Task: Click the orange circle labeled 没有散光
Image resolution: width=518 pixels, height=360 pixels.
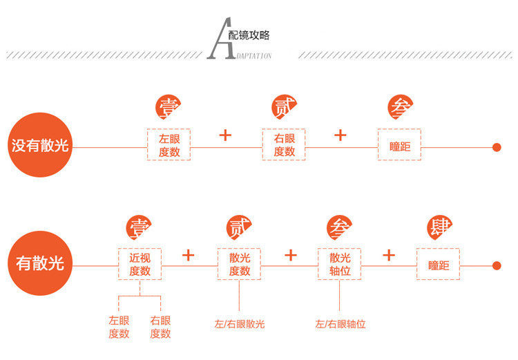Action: click(41, 146)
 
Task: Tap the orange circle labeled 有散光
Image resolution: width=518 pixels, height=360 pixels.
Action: click(40, 264)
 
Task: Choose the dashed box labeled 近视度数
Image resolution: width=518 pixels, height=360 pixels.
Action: click(140, 264)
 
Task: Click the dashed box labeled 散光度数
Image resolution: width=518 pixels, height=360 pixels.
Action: click(239, 264)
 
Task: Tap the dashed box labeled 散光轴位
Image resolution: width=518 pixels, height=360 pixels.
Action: click(340, 264)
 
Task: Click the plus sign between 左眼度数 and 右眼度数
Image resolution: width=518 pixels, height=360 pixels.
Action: click(225, 135)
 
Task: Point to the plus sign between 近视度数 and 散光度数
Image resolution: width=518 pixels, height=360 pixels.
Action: click(189, 255)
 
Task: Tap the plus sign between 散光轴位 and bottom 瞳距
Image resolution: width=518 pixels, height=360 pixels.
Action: click(389, 255)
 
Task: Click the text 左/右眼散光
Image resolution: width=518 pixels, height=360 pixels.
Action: click(240, 323)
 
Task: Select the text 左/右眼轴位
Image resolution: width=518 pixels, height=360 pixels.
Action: click(340, 323)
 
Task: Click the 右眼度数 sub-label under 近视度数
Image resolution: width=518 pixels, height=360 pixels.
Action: click(160, 327)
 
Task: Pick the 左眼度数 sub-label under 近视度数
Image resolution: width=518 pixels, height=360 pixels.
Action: click(119, 327)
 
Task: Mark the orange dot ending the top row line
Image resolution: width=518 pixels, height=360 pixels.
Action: click(496, 146)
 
